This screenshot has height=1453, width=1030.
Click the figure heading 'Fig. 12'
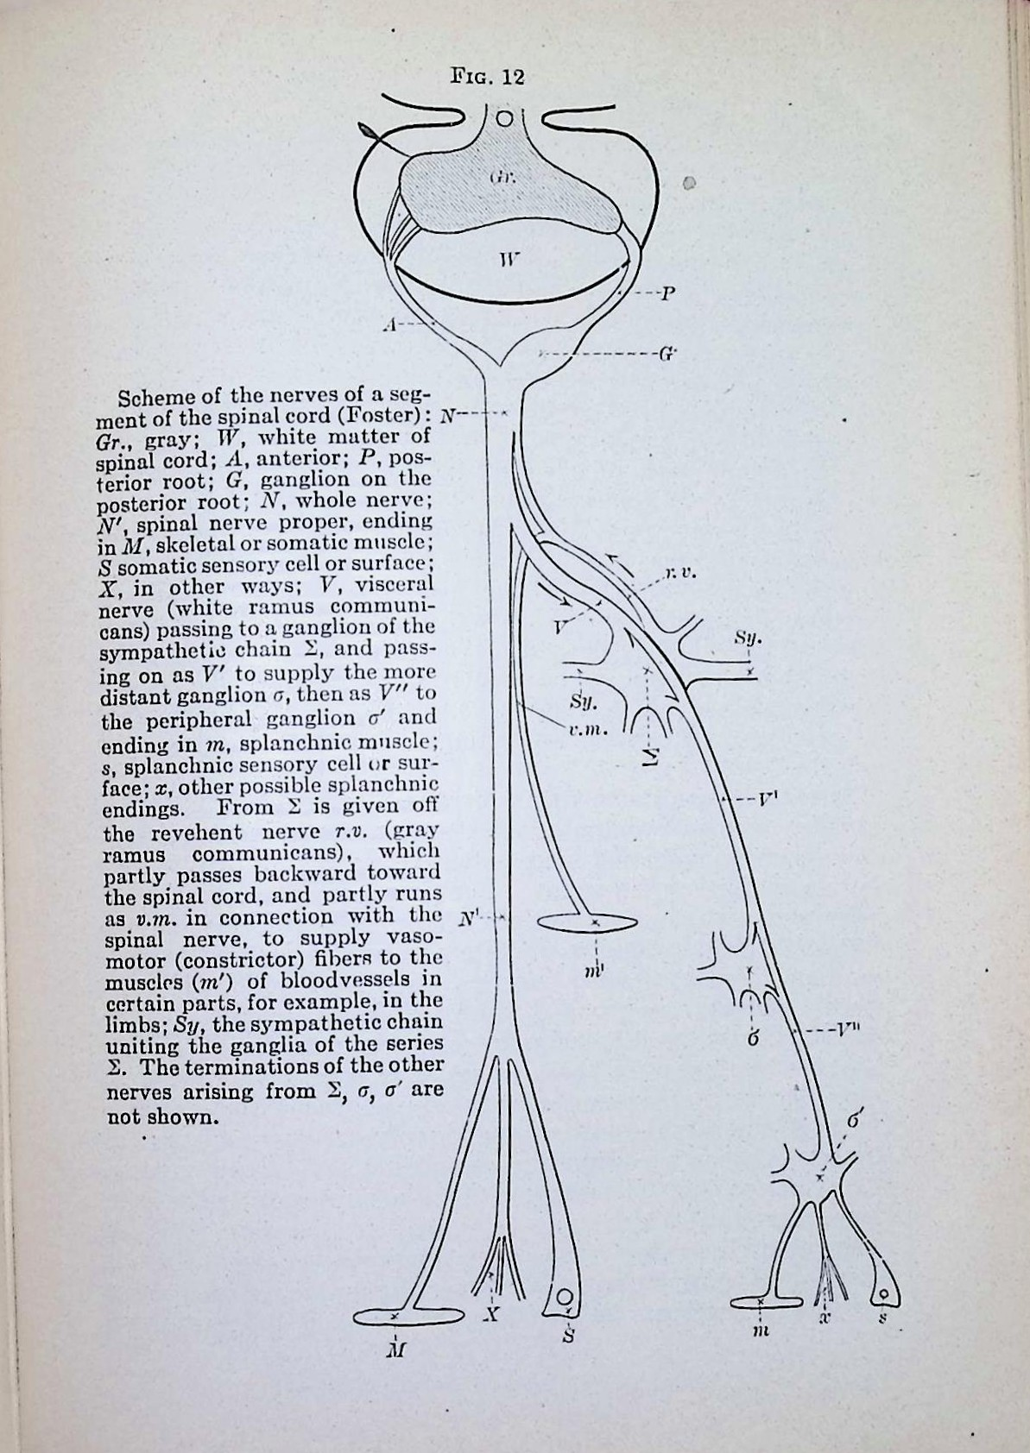488,77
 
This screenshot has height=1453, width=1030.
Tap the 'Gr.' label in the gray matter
502,179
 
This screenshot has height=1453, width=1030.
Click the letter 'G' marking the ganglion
667,353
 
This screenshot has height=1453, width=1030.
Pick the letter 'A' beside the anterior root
390,324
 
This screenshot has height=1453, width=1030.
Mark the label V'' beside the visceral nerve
847,1029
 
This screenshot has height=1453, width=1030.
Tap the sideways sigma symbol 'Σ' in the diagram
652,756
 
